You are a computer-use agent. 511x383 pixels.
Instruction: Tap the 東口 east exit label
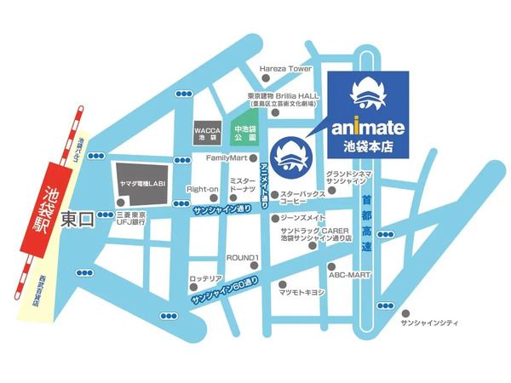pyautogui.click(x=79, y=218)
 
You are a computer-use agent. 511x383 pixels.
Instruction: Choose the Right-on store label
pyautogui.click(x=203, y=188)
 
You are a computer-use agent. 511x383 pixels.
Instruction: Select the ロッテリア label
pyautogui.click(x=205, y=278)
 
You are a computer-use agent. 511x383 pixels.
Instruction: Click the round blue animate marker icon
pyautogui.click(x=298, y=157)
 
